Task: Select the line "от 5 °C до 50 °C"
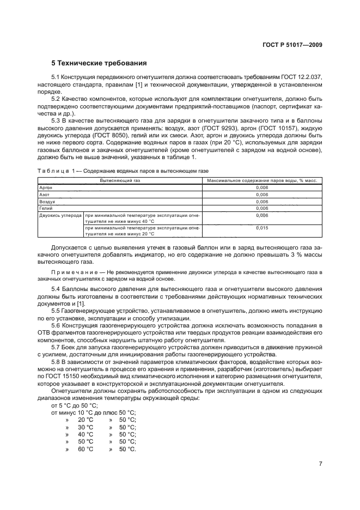point(74,406)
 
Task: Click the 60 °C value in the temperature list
point(86,448)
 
